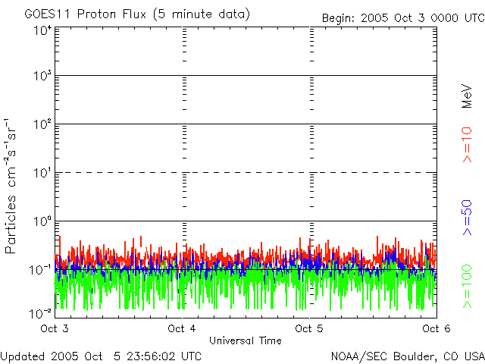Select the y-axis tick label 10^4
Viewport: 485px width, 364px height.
click(43, 31)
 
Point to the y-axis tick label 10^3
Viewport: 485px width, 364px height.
click(43, 77)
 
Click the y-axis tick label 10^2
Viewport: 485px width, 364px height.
click(43, 124)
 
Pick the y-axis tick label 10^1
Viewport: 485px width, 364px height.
click(43, 173)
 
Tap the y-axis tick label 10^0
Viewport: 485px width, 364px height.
click(43, 221)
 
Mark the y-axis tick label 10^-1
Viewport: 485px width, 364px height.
click(42, 270)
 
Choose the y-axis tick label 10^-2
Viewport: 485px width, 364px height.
click(42, 312)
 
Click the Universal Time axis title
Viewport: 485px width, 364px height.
click(246, 340)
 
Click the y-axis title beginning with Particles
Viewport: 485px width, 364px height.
click(13, 186)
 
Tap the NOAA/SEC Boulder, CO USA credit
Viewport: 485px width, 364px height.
click(407, 356)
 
